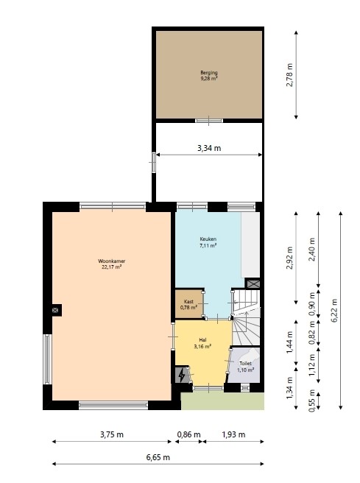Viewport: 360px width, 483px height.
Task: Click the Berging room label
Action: point(209,74)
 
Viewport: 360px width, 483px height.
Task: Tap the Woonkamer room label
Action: point(111,264)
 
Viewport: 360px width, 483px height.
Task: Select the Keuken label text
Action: point(208,242)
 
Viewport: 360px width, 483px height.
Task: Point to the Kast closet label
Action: point(188,304)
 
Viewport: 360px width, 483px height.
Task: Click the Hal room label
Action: point(202,342)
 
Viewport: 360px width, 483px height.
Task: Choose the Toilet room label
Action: point(246,366)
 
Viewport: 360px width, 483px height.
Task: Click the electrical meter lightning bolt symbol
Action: point(182,376)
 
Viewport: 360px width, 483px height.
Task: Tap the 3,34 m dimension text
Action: point(209,148)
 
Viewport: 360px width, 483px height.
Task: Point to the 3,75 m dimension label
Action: point(111,434)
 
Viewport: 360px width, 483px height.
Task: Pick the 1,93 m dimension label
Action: point(233,434)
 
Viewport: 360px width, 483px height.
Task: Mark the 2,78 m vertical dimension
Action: point(290,74)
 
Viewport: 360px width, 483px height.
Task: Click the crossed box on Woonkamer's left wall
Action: point(55,311)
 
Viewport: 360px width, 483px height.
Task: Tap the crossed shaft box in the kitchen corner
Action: point(253,283)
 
